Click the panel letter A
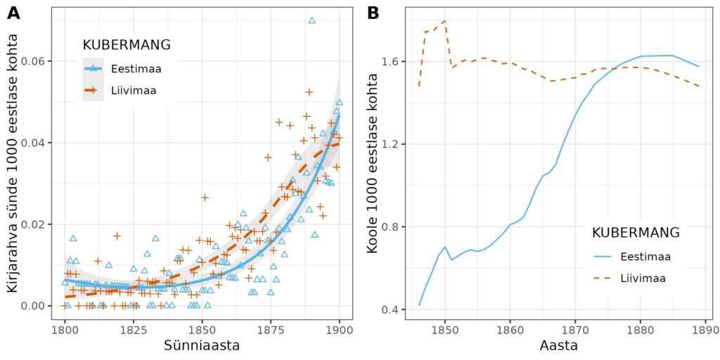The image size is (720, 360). [13, 13]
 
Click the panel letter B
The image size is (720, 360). [373, 13]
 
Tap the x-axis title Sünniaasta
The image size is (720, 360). [202, 345]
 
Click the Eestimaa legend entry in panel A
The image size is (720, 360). [134, 68]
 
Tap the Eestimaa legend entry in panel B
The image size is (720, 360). [644, 257]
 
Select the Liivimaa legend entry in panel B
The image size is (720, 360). [643, 278]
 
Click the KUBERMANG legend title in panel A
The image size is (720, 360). [127, 44]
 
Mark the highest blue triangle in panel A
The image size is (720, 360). [311, 20]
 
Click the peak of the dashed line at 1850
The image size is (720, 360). [445, 21]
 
